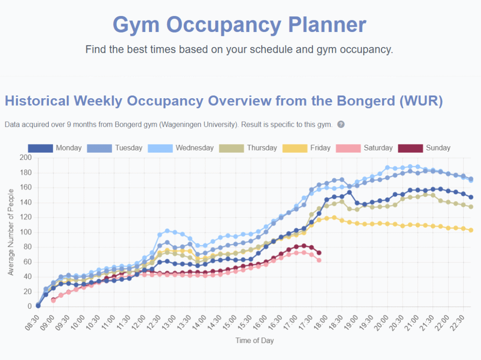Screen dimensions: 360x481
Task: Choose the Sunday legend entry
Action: tap(424, 148)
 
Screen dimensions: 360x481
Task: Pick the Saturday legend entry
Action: tap(365, 148)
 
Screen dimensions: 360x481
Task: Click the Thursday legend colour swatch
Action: tap(231, 148)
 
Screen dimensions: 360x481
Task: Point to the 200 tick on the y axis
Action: tap(25, 158)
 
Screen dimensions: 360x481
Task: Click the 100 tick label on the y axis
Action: tap(25, 232)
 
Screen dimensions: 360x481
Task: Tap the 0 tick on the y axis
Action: tap(29, 306)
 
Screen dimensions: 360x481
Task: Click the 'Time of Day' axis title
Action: tap(254, 340)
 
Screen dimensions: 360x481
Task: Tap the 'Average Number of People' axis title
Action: tap(11, 232)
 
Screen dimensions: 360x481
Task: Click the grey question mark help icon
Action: tap(341, 125)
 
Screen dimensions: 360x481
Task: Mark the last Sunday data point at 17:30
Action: tap(319, 253)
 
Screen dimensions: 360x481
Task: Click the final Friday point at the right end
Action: tap(471, 230)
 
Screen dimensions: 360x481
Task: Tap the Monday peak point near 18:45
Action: tap(349, 192)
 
